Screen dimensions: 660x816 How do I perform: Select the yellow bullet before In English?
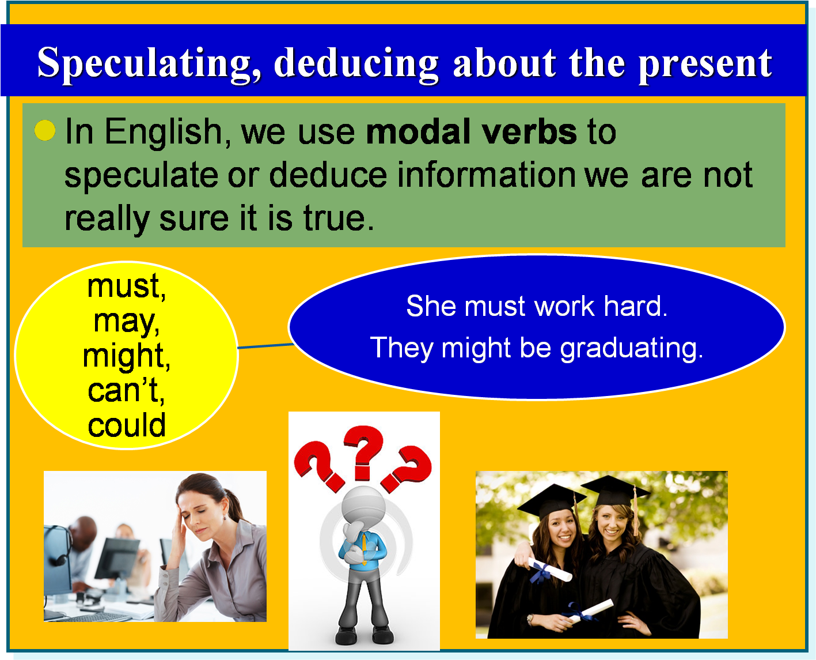tap(45, 131)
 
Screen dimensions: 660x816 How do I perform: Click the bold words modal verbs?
tap(471, 131)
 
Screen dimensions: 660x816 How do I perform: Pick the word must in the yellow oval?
tap(126, 286)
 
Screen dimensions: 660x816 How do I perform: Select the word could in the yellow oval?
tap(127, 425)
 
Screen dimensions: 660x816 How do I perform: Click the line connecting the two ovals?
tap(265, 346)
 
